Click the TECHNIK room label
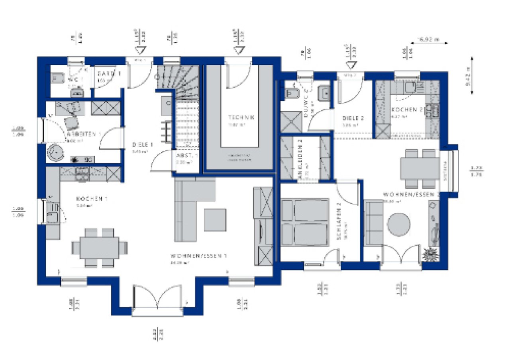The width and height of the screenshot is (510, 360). (x=241, y=117)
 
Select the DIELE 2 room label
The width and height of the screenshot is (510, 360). (x=353, y=118)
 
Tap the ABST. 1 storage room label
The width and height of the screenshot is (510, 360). (x=185, y=156)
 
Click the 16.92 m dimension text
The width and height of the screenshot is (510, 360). (x=427, y=39)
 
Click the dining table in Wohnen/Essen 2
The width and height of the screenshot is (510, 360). (x=418, y=168)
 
